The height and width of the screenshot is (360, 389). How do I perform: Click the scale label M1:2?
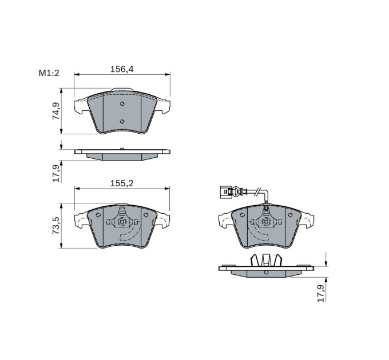49,73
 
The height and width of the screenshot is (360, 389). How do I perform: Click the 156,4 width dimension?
122,69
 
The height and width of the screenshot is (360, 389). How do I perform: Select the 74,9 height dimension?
56,111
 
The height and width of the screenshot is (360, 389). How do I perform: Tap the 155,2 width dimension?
122,183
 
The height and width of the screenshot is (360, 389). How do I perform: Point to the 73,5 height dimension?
56,226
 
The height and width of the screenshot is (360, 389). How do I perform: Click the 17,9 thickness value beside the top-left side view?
56,173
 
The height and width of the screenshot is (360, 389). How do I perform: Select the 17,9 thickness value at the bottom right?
321,293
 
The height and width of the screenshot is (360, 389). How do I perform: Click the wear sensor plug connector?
227,192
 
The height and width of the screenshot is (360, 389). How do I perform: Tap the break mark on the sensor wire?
258,191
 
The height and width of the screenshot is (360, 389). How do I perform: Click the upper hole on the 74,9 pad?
122,104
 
